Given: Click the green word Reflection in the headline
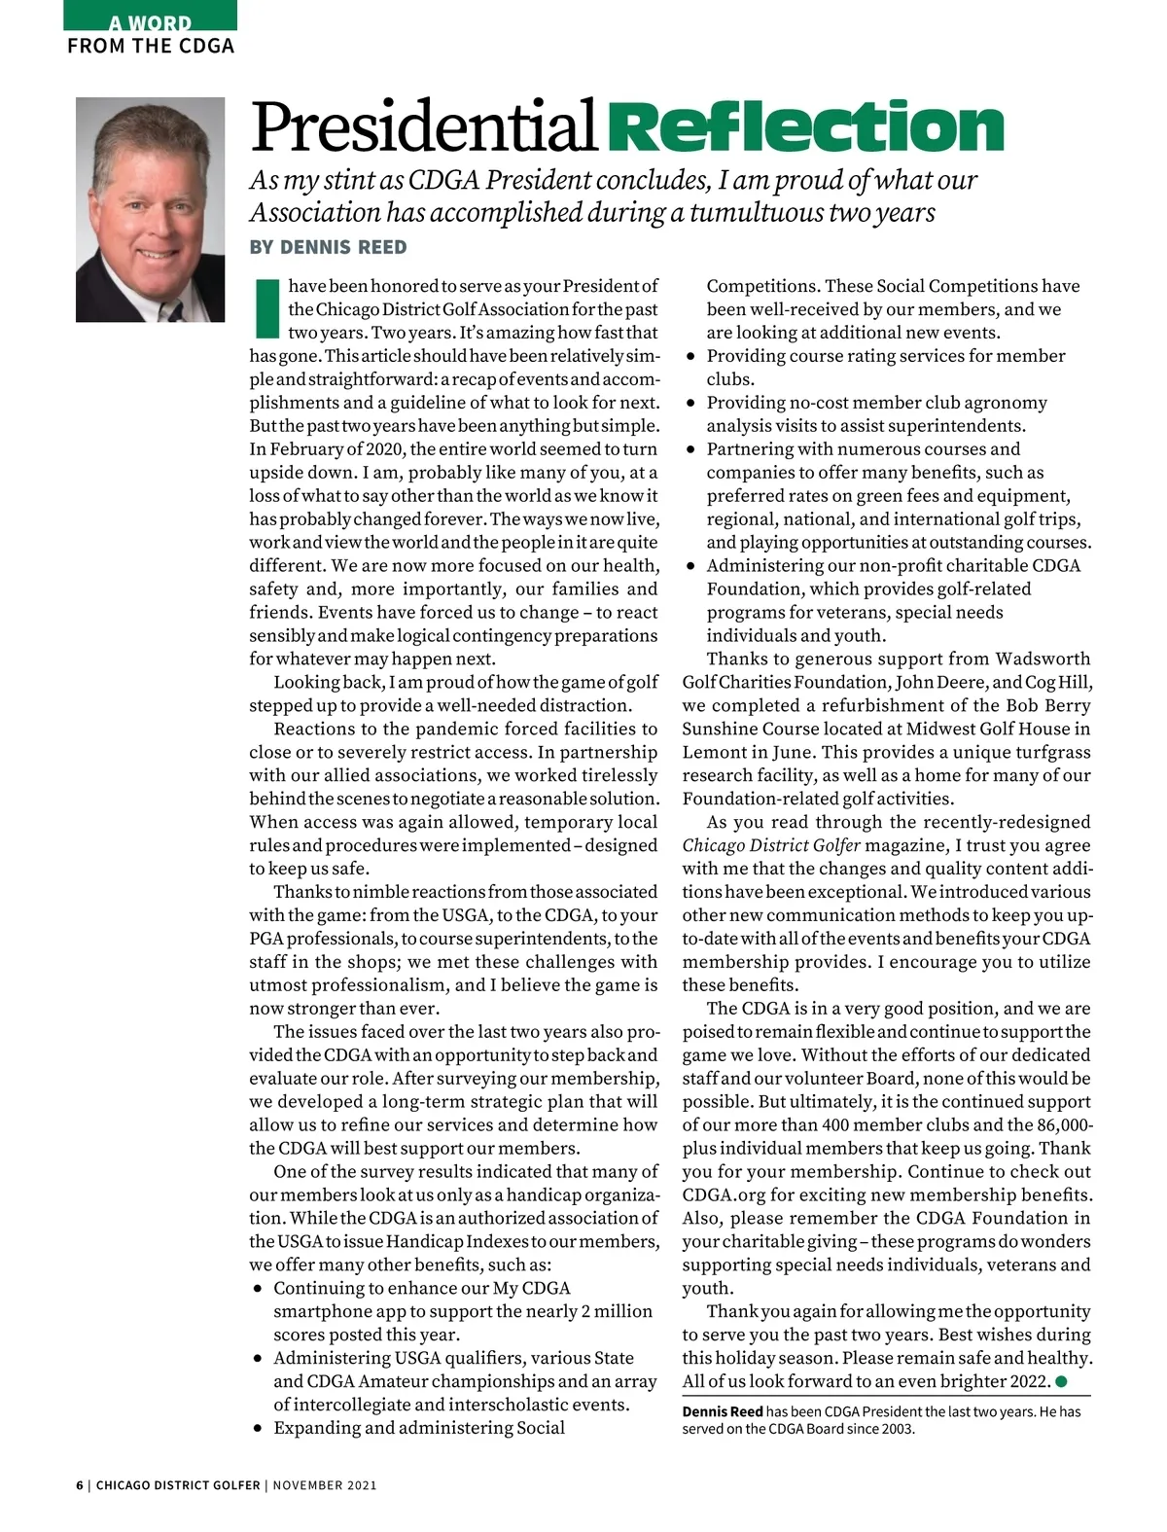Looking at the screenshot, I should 809,127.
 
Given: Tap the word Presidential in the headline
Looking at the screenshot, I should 424,127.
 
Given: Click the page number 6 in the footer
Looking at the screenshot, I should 80,1485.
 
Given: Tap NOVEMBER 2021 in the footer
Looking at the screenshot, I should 325,1485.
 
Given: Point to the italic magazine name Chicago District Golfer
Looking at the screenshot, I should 771,845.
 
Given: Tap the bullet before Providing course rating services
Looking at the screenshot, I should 690,357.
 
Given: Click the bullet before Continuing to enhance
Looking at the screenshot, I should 258,1289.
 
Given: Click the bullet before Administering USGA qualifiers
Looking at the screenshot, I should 258,1359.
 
